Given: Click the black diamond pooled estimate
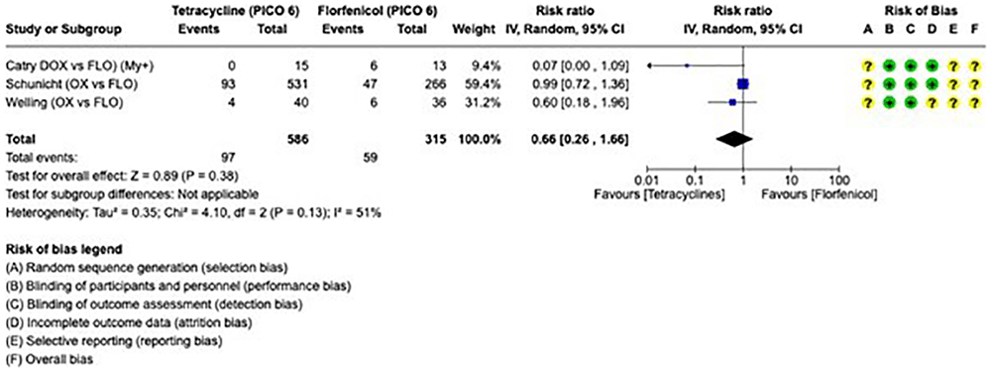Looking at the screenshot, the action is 734,139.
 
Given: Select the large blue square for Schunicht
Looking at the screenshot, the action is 742,83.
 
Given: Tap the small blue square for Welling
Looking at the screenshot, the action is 732,102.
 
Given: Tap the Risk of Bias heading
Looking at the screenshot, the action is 920,11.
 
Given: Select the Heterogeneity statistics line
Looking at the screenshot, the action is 193,213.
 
